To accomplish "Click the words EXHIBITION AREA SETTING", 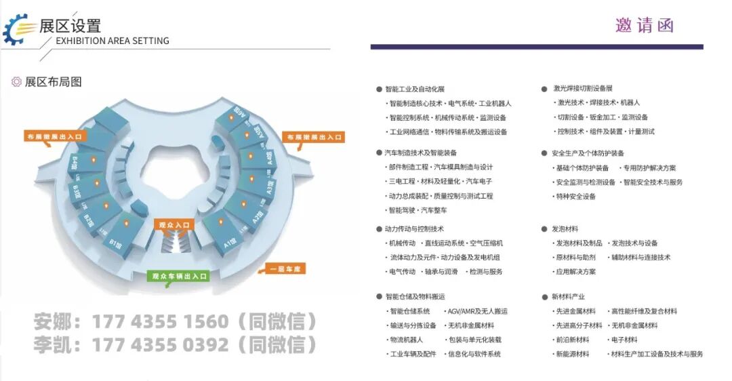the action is point(113,41).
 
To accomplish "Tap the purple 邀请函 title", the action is point(644,26).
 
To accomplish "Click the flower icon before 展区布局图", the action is point(16,82).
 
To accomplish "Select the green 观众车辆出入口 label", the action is point(178,276).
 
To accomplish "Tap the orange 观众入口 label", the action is point(176,224).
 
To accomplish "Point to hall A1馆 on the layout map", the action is point(230,241).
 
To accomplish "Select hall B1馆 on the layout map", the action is point(113,241).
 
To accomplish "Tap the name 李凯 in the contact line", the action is point(53,345).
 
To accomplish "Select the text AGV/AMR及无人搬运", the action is point(477,311).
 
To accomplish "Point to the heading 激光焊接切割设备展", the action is point(583,89).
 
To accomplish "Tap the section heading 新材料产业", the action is point(568,297).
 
